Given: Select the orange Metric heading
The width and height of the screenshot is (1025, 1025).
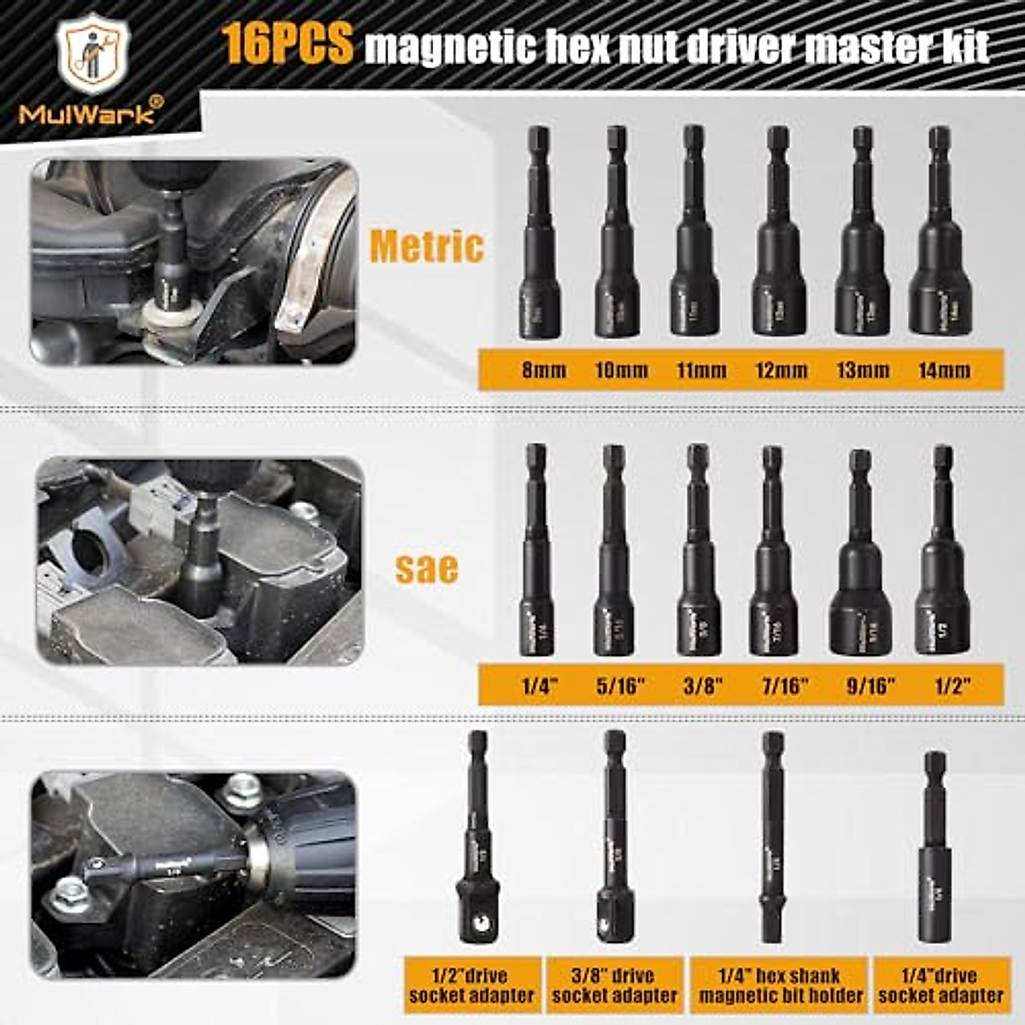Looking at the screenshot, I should pos(426,247).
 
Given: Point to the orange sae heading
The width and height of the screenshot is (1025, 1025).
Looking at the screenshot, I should pos(426,567).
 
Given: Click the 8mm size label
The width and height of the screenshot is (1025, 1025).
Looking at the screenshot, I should pos(543,370).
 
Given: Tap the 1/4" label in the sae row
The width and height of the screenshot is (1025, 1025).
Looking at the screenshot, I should pos(540,686).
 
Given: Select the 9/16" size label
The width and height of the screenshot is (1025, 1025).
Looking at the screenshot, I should pos(866,686).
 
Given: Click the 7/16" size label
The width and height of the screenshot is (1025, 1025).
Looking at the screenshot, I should pos(785,686).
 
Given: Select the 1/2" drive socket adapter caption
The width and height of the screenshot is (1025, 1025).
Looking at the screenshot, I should pos(471,985).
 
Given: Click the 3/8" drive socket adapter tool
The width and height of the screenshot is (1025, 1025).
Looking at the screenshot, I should pos(614,846).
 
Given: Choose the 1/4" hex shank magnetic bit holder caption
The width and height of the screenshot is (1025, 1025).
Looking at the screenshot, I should pos(781,985).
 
